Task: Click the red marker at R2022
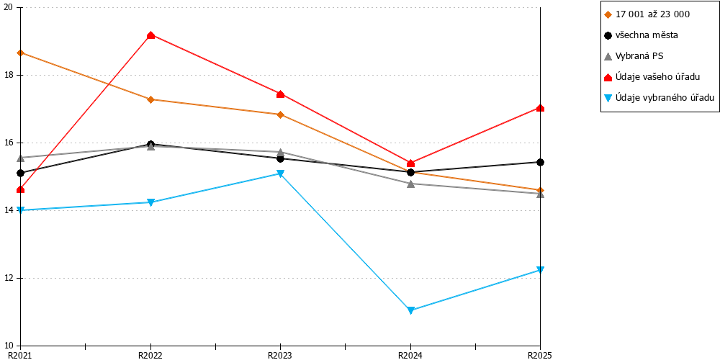tap(150, 35)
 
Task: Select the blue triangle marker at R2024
tap(410, 310)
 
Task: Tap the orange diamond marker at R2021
tap(21, 53)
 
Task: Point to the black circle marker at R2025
tap(541, 162)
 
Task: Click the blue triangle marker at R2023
tap(281, 174)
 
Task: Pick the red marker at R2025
tap(541, 108)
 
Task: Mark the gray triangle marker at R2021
tap(21, 158)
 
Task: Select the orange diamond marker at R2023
tap(281, 114)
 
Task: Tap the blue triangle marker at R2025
tap(541, 270)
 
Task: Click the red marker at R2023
tap(281, 94)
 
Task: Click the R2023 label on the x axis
tap(281, 355)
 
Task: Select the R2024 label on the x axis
tap(410, 355)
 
